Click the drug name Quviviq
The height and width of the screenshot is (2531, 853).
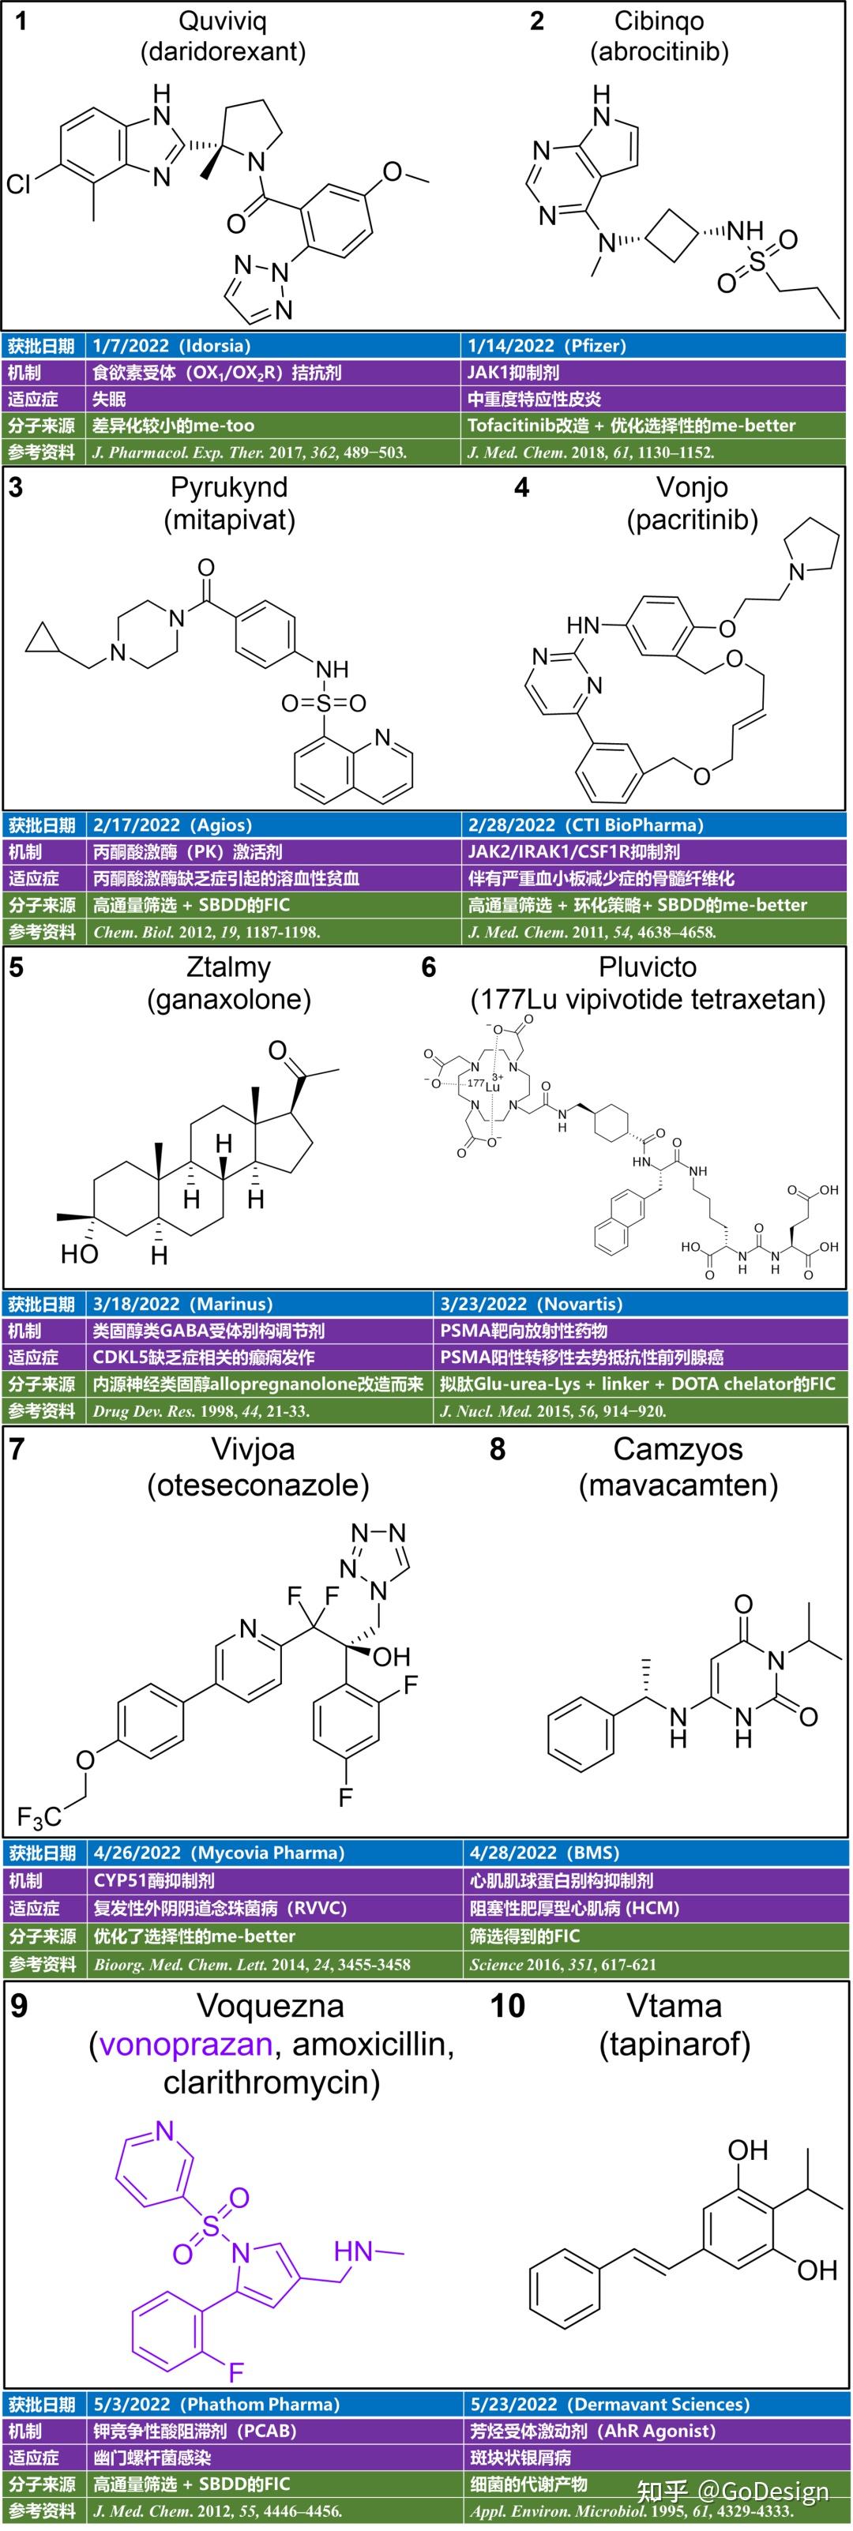click(222, 21)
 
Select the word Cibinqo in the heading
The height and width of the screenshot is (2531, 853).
click(659, 21)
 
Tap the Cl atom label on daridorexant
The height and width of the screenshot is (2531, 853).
click(19, 184)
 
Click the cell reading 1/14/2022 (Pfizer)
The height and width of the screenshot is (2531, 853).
click(547, 346)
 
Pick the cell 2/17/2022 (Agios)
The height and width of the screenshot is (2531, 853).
click(172, 825)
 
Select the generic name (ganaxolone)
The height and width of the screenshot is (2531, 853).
click(229, 1001)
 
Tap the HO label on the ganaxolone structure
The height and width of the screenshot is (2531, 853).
click(79, 1254)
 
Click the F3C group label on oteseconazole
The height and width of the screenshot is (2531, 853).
click(39, 1818)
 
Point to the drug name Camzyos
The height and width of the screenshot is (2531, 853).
click(678, 1448)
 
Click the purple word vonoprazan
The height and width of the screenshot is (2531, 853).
click(185, 2044)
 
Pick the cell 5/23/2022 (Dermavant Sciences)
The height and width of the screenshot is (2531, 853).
click(609, 2405)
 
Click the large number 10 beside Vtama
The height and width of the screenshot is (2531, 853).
click(507, 2005)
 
